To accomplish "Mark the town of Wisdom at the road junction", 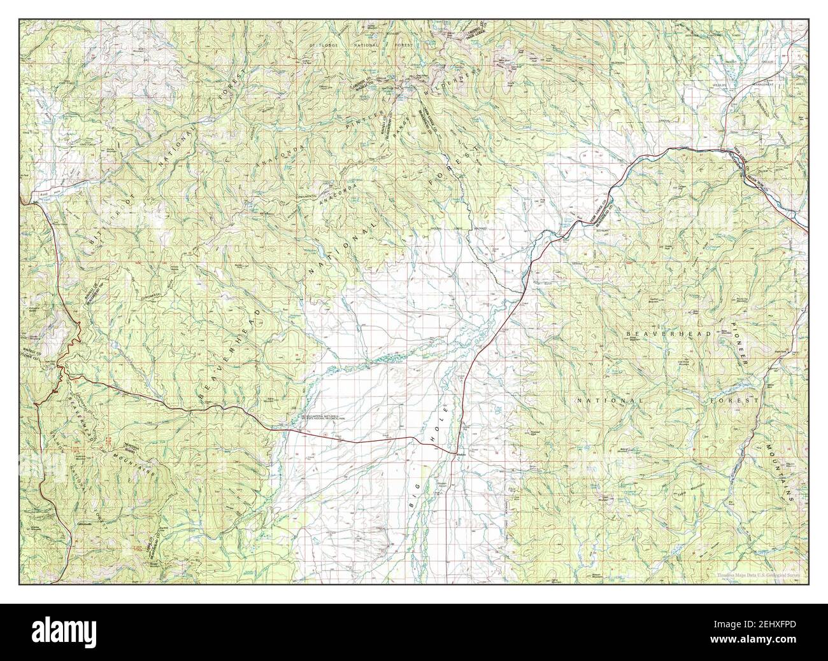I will click(x=460, y=454).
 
